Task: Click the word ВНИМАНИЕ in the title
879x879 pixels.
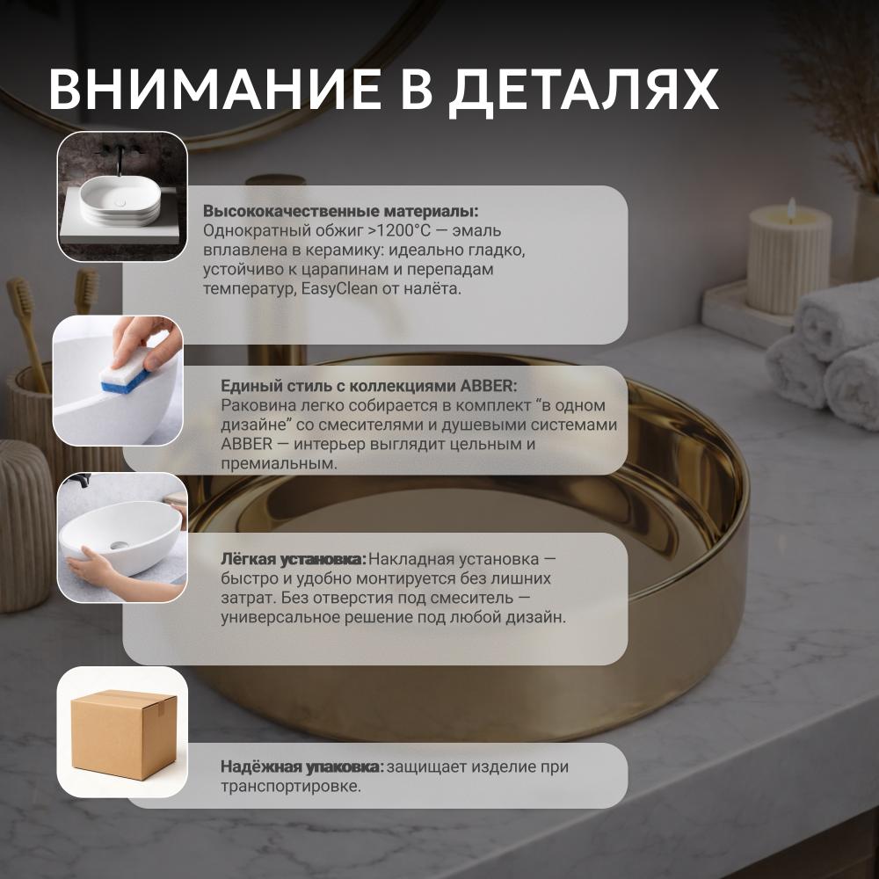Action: [x=214, y=89]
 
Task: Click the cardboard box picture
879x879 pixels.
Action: [x=124, y=734]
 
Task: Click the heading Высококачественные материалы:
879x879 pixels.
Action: [x=341, y=211]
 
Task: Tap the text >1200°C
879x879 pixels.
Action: [x=399, y=230]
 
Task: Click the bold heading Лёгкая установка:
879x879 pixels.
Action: [x=294, y=559]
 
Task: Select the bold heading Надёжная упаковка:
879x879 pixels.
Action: [x=302, y=766]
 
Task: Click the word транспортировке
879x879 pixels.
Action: [x=291, y=787]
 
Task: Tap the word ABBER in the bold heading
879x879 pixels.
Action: [x=486, y=386]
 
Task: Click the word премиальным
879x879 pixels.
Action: [x=280, y=463]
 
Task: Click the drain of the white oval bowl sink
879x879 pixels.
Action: [x=119, y=544]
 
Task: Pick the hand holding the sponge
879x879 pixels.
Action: [x=147, y=342]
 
